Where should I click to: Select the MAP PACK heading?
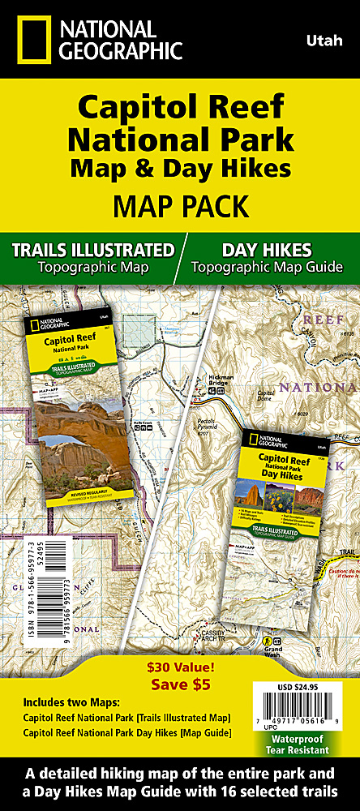(x=180, y=206)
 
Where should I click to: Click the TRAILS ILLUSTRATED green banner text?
(x=92, y=249)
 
